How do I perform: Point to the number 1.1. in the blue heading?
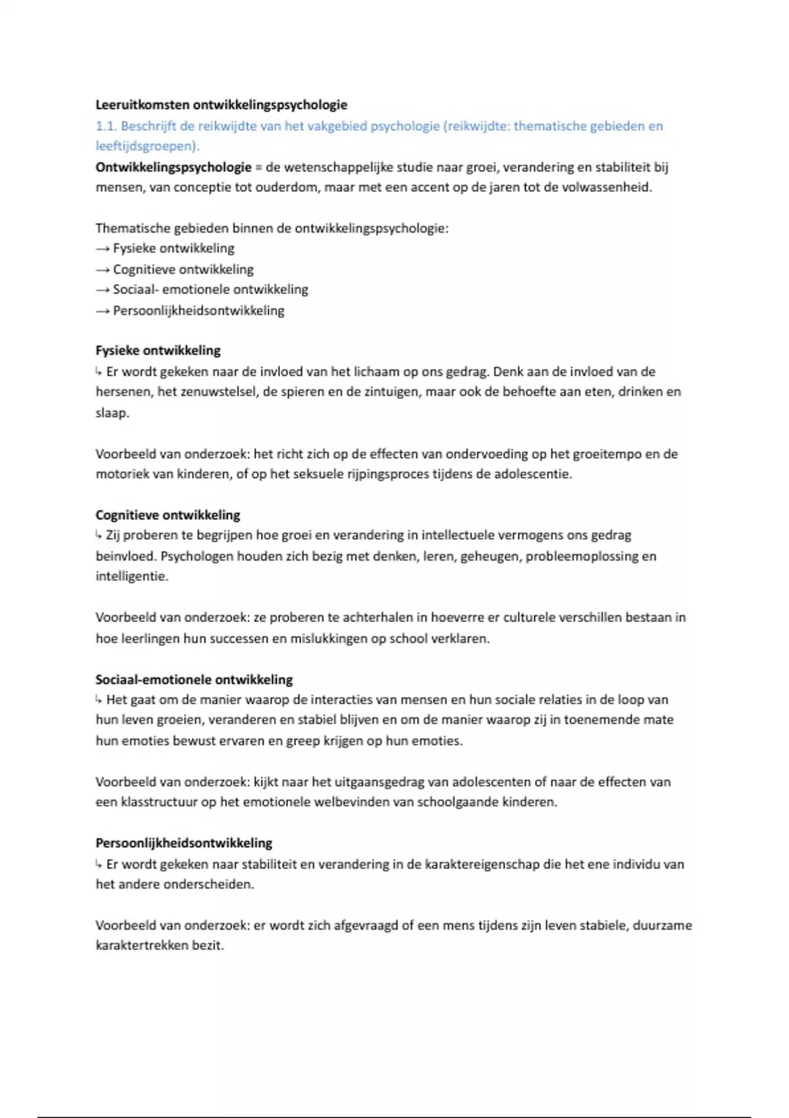(x=106, y=126)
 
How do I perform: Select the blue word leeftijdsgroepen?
(x=146, y=146)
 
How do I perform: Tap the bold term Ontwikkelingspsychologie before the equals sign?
(x=174, y=167)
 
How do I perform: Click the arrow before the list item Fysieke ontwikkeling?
(x=103, y=249)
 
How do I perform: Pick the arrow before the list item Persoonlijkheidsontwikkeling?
(x=103, y=310)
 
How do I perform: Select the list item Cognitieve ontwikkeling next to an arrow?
(x=183, y=269)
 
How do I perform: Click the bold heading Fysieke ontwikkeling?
(x=158, y=351)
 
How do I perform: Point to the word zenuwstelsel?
(x=219, y=392)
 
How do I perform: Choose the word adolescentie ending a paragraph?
(x=533, y=474)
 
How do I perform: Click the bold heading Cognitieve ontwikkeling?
(x=168, y=515)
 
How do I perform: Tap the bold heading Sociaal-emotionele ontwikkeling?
(x=194, y=679)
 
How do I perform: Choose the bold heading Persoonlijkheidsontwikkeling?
(x=183, y=843)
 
